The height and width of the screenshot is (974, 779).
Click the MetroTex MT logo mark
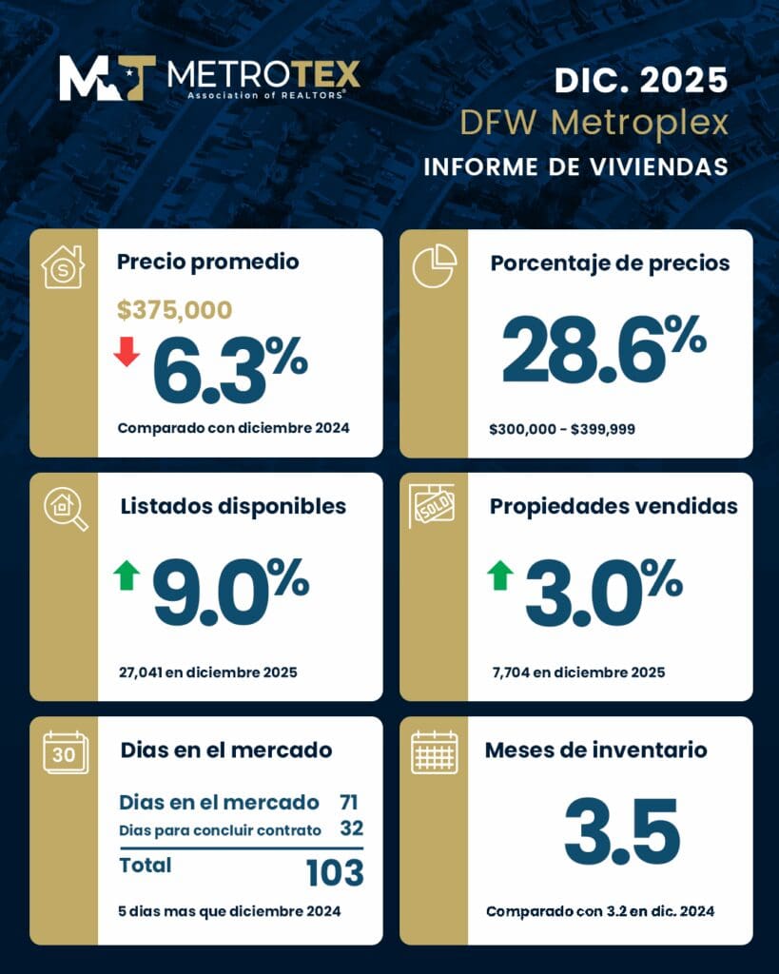click(107, 77)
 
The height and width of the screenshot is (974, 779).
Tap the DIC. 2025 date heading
click(641, 80)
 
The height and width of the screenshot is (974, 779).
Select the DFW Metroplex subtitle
click(594, 123)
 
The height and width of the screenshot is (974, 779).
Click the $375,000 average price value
click(174, 310)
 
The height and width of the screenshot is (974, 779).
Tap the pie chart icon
click(434, 266)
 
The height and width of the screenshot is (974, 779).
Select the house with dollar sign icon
click(63, 266)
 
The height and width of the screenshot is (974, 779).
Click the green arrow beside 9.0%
click(127, 575)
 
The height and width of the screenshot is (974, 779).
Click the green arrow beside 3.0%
click(499, 575)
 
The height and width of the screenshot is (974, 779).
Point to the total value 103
click(335, 871)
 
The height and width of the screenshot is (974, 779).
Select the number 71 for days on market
click(348, 802)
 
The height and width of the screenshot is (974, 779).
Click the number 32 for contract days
click(350, 828)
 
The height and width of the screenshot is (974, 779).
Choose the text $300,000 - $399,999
click(562, 430)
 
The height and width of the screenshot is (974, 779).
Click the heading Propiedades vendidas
click(613, 506)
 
